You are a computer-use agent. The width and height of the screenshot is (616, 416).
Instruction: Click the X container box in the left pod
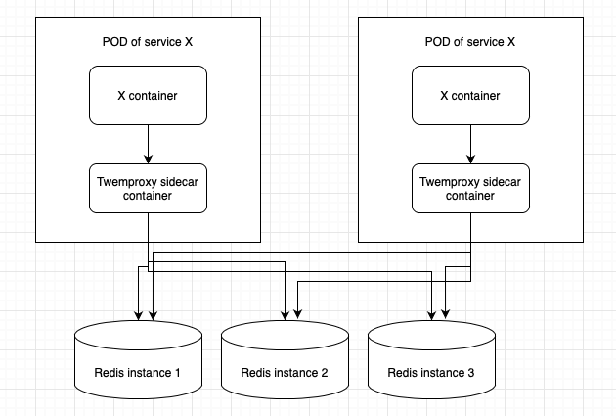pos(148,96)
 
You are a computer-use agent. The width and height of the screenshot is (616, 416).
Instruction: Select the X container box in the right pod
pos(470,96)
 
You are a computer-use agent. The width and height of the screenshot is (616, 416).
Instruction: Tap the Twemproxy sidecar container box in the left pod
pos(148,188)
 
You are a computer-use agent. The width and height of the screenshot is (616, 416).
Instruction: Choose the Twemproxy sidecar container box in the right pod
pos(470,188)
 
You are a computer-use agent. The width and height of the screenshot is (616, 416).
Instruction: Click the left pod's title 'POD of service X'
pos(148,43)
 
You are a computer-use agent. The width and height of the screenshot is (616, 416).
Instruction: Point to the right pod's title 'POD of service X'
pos(470,43)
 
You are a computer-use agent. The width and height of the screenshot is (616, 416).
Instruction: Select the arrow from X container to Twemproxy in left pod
pos(148,144)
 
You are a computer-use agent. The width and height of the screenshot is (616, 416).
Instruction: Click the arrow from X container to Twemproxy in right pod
pos(470,144)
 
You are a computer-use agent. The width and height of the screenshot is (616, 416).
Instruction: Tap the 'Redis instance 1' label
pos(138,373)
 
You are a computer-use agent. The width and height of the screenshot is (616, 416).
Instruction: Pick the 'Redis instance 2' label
pos(285,373)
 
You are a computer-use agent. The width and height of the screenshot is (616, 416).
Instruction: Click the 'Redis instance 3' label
pos(431,373)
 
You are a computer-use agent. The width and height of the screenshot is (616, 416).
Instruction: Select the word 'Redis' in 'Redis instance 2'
pos(256,373)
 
